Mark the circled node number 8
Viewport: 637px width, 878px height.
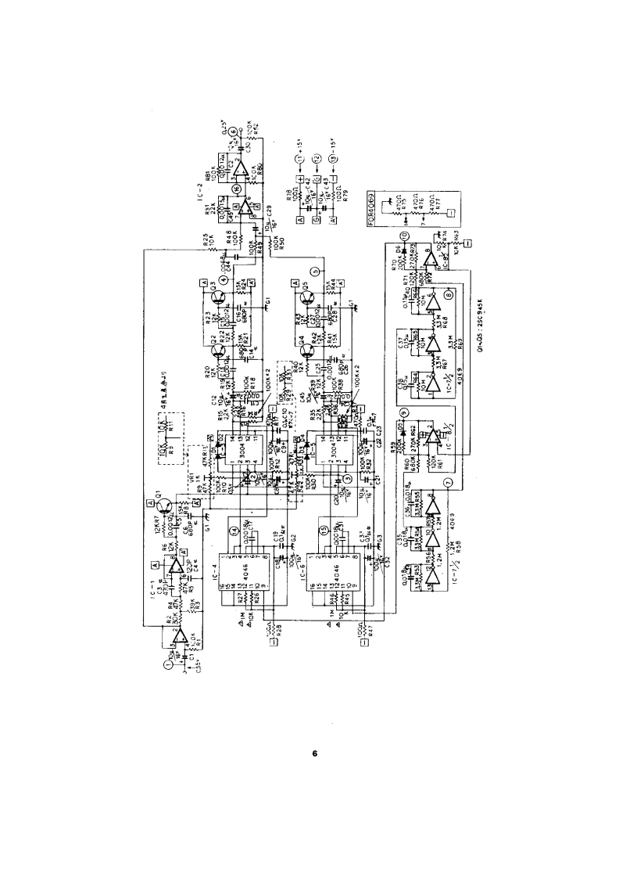[x=449, y=296]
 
